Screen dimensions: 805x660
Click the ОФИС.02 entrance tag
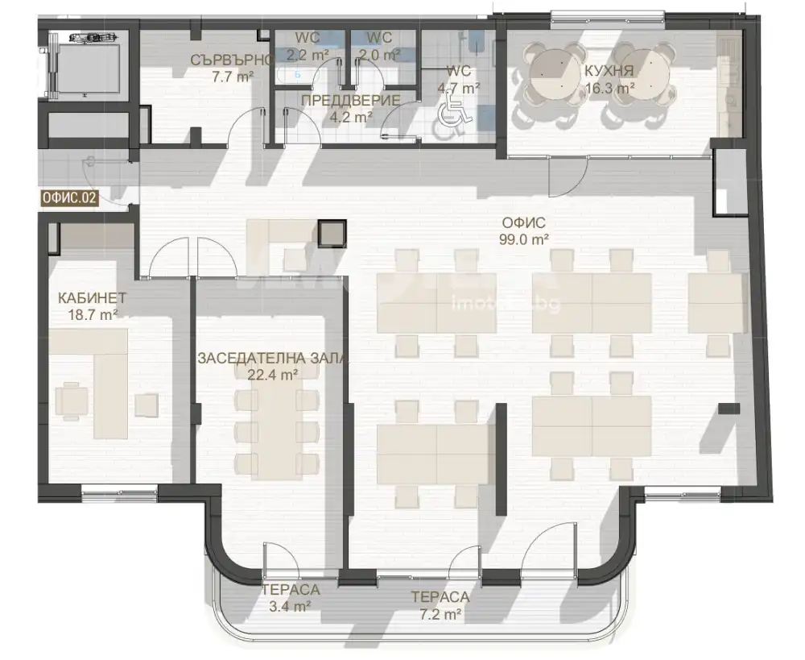(x=69, y=198)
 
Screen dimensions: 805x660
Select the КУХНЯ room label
(x=609, y=71)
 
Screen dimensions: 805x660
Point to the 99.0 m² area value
(x=524, y=239)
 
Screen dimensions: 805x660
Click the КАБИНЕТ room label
(x=92, y=297)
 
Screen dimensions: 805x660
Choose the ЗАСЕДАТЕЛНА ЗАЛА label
(x=272, y=359)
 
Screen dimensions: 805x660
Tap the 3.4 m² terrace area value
(x=290, y=607)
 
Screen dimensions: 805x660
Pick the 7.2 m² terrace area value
(x=440, y=614)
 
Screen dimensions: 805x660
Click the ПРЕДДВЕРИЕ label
(x=351, y=100)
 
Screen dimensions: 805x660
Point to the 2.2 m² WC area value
(x=307, y=54)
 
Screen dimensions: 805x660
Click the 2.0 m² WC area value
(x=379, y=54)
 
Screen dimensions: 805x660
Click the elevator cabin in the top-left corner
(x=89, y=69)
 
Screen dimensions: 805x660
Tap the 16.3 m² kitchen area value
(x=610, y=88)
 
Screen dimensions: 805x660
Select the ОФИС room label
(x=524, y=223)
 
